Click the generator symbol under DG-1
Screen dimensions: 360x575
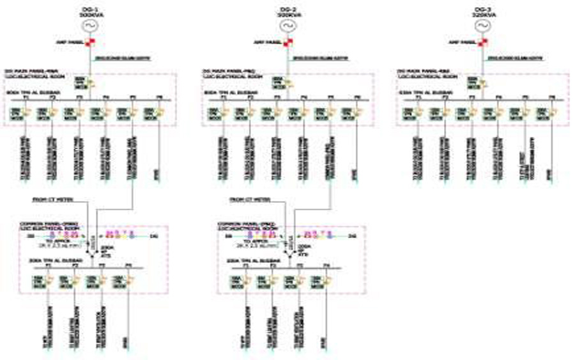89,25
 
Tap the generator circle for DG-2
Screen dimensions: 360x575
287,25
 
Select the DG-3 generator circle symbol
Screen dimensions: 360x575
482,25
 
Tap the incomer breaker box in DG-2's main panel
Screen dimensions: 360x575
280,82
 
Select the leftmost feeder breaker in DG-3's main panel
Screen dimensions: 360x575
410,114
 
